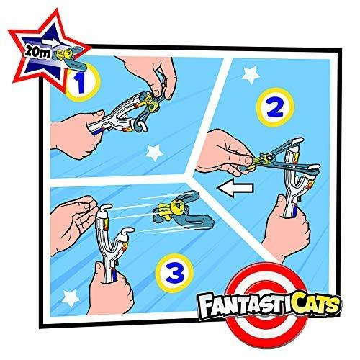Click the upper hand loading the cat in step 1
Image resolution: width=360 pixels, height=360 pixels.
click(162, 68)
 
